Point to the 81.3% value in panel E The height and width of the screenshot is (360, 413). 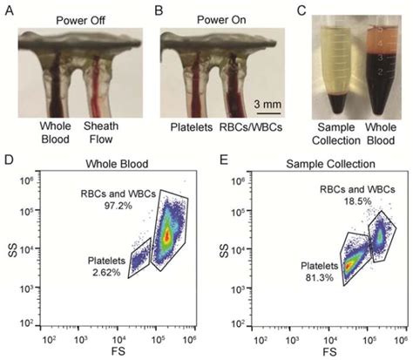(313, 290)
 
